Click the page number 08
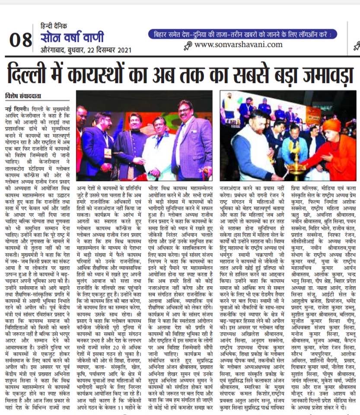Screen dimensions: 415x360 tap(21, 40)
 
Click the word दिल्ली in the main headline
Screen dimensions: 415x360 tap(37, 71)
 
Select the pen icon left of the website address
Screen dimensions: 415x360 tap(188, 45)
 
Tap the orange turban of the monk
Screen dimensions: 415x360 tap(332, 125)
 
